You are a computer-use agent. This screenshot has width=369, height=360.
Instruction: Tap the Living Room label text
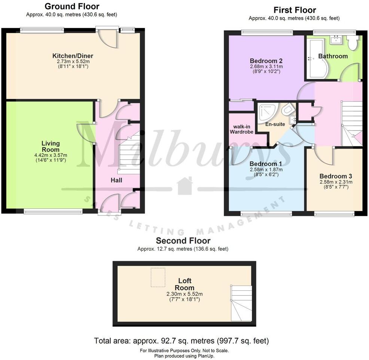click(51, 146)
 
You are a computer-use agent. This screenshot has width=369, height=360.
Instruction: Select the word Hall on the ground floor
click(116, 180)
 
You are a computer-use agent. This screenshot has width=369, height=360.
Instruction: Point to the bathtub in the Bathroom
click(316, 59)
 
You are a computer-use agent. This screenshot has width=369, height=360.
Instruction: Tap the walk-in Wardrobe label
click(241, 129)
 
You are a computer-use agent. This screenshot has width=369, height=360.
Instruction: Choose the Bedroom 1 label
click(266, 164)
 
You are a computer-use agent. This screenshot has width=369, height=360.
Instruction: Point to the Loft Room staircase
click(241, 303)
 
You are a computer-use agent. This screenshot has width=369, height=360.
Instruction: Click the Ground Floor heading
click(72, 6)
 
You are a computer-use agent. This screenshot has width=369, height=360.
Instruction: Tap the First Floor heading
click(295, 10)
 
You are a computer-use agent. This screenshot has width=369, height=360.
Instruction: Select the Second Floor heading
click(183, 241)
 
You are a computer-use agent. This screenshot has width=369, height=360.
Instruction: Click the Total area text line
click(182, 341)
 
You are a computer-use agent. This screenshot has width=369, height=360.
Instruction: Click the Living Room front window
click(53, 212)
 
